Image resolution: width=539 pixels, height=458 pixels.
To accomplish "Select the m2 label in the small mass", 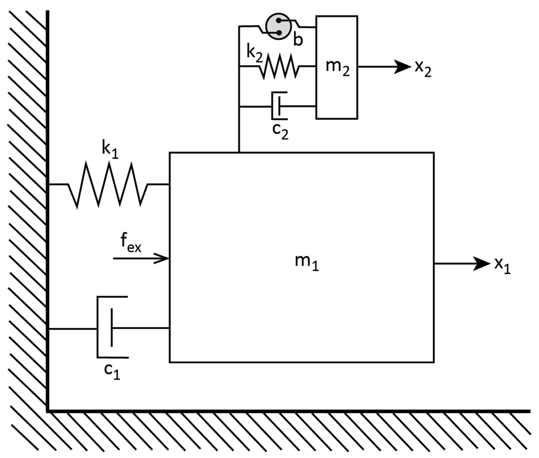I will coord(337,67).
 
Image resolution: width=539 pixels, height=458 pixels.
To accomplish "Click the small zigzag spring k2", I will coord(279,67).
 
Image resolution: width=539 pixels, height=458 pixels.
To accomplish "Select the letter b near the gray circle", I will coord(298,40).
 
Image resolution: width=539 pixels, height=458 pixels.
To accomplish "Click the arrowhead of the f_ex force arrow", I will coord(163,258).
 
